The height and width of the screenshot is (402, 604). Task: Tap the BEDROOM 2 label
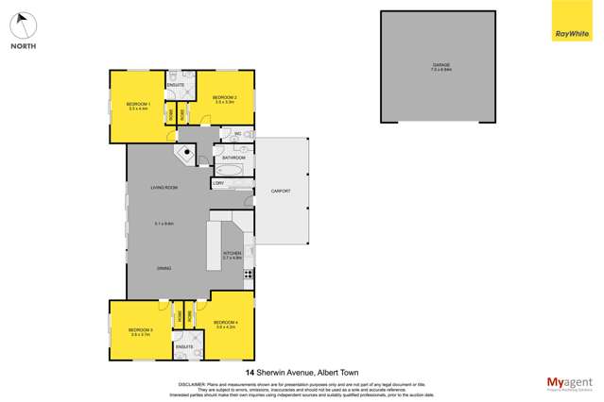(223, 97)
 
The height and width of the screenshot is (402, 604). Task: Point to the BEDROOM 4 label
(225, 324)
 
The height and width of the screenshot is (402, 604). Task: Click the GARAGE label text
(440, 64)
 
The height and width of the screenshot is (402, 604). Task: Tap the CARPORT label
(281, 192)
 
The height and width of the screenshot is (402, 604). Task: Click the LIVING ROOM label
(164, 188)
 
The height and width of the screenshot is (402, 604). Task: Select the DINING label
(164, 269)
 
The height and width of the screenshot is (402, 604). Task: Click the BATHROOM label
(234, 158)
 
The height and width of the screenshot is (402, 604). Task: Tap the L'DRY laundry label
(218, 183)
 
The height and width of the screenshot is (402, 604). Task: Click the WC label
(238, 134)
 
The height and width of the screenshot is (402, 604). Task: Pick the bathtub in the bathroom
(230, 170)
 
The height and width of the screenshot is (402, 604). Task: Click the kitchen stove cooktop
(249, 274)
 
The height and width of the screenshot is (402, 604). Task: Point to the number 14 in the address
(249, 373)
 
